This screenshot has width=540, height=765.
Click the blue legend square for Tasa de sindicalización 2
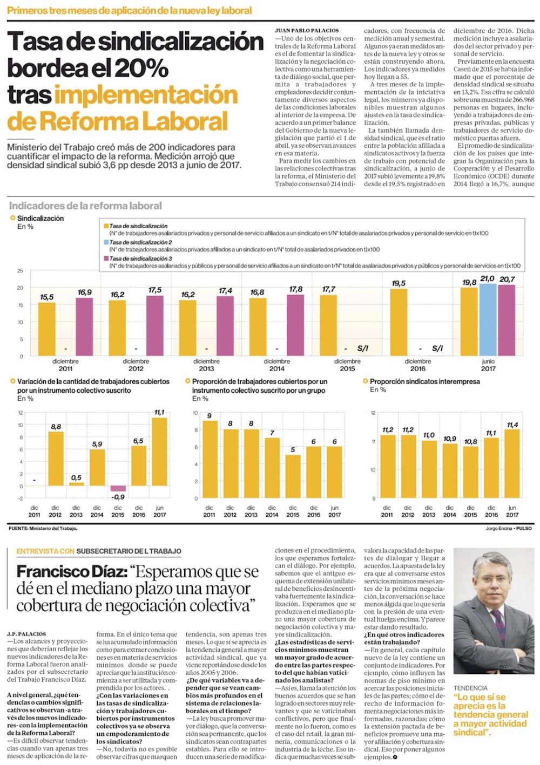(x=106, y=242)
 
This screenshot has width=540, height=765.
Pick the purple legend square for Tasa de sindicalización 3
(x=106, y=258)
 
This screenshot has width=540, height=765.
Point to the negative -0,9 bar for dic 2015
(x=118, y=489)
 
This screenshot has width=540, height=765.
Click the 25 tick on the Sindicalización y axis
(x=21, y=271)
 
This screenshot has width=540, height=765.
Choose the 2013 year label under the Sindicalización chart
(x=206, y=369)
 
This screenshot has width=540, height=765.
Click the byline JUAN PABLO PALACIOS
(x=307, y=31)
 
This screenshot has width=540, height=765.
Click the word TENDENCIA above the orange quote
(x=470, y=688)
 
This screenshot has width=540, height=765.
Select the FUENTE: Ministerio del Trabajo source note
(x=43, y=528)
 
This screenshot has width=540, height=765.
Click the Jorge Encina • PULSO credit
(x=508, y=528)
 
